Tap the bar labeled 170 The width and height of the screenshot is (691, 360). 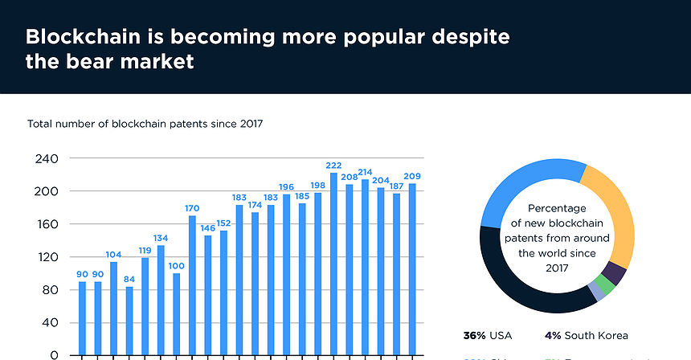click(192, 284)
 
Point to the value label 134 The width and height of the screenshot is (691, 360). click(161, 238)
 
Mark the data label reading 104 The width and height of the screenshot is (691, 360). click(113, 254)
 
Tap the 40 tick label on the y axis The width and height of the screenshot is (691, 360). click(51, 323)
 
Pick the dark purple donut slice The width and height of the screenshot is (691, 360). click(616, 273)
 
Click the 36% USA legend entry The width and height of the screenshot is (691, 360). click(488, 336)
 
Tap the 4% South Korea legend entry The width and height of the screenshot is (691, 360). click(586, 336)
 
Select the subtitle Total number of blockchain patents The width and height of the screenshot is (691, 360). click(145, 124)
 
